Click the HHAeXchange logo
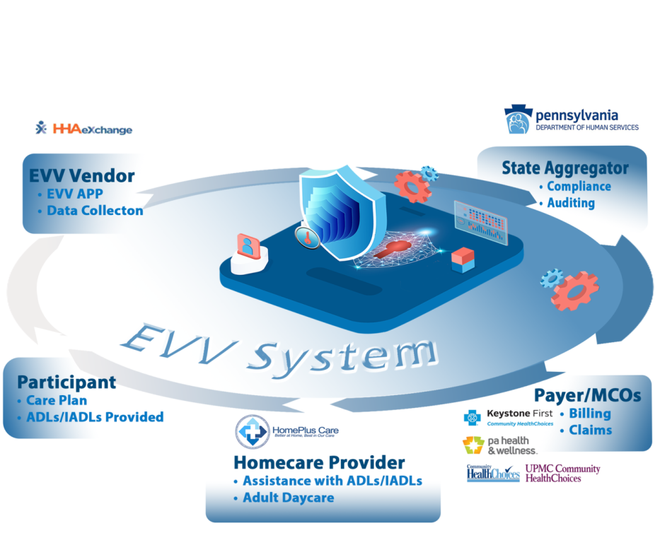[x=83, y=129]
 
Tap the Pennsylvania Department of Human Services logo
[x=571, y=119]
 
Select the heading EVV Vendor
[x=81, y=175]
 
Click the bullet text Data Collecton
[x=95, y=210]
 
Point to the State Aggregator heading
[x=565, y=168]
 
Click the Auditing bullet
[x=571, y=203]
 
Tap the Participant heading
[x=66, y=382]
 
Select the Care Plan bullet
[x=56, y=400]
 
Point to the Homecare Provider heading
[x=319, y=462]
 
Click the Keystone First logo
[x=509, y=416]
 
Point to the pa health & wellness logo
[x=499, y=445]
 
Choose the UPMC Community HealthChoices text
[x=562, y=473]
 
